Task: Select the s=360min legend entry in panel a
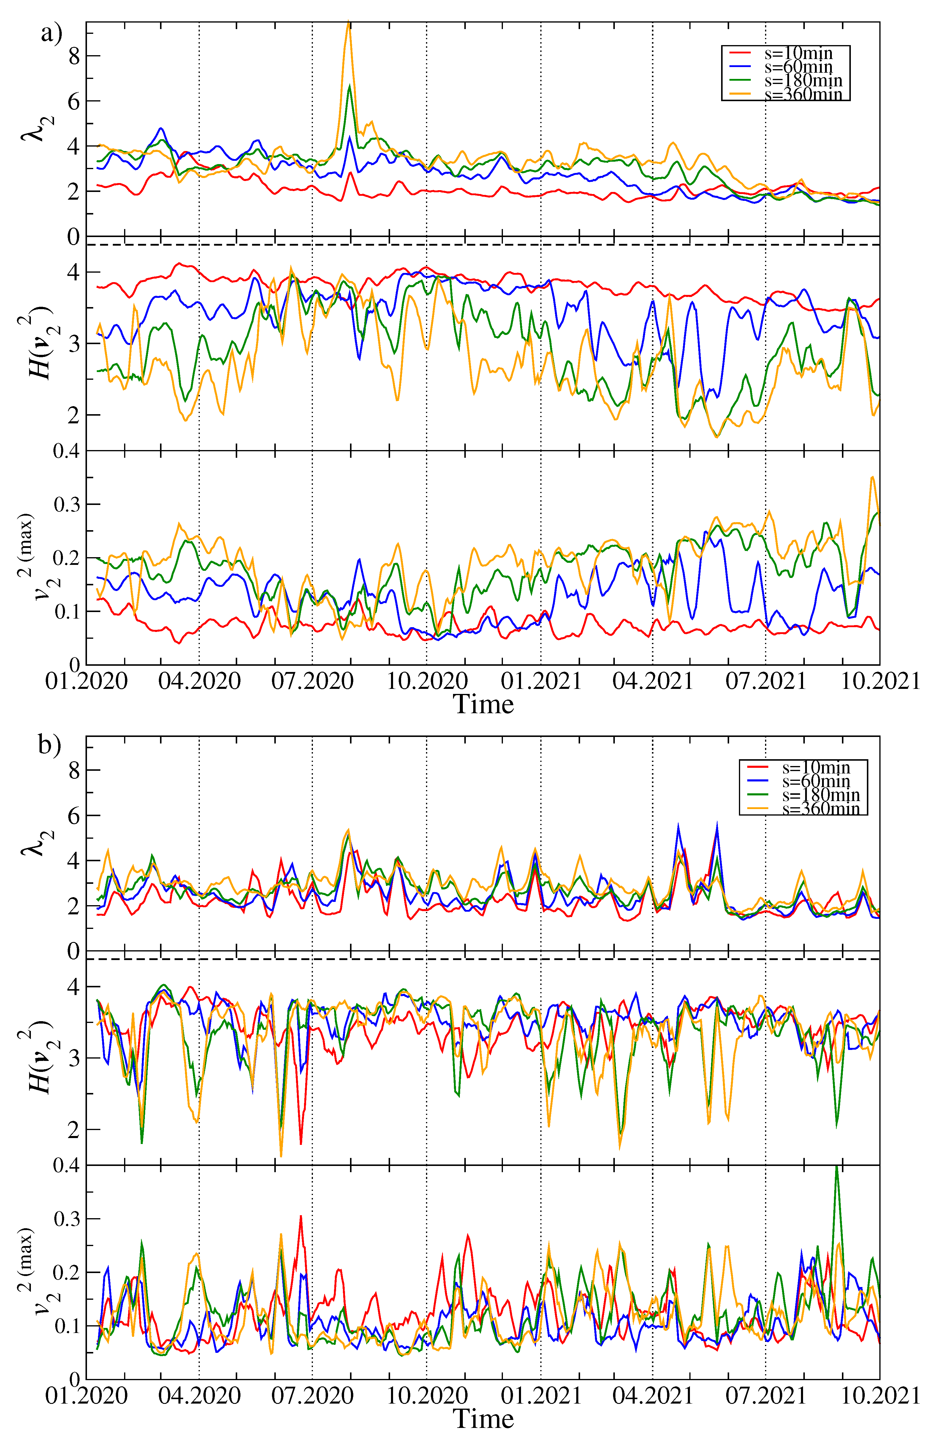803,94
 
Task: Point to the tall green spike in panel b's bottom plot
837,1169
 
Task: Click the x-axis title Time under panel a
484,704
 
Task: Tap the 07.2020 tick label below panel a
312,681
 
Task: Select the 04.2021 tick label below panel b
652,1396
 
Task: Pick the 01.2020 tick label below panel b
86,1396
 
